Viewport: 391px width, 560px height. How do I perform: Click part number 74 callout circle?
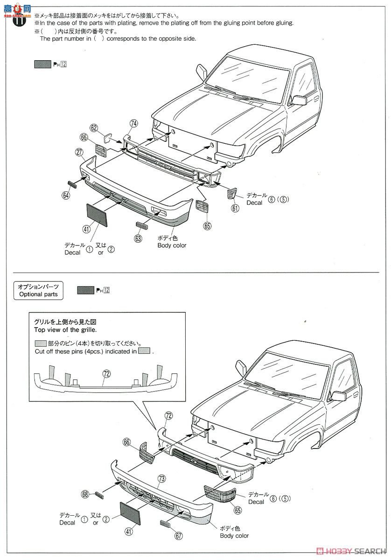point(134,124)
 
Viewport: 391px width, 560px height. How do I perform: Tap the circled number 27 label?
point(79,152)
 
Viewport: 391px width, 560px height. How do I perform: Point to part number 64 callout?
point(65,196)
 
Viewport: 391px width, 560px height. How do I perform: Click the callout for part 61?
point(235,208)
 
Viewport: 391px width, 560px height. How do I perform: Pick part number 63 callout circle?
point(138,238)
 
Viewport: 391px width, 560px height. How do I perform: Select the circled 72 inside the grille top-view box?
point(106,373)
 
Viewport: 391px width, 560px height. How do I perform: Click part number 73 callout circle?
point(161,478)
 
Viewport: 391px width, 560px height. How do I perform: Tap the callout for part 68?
point(85,494)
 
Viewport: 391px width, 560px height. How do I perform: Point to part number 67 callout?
point(178,536)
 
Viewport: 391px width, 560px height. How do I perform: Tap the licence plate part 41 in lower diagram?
point(134,515)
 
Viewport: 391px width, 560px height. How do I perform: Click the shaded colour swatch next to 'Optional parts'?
point(85,290)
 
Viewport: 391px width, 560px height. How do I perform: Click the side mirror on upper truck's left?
point(202,72)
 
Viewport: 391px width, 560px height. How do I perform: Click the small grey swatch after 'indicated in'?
point(144,351)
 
